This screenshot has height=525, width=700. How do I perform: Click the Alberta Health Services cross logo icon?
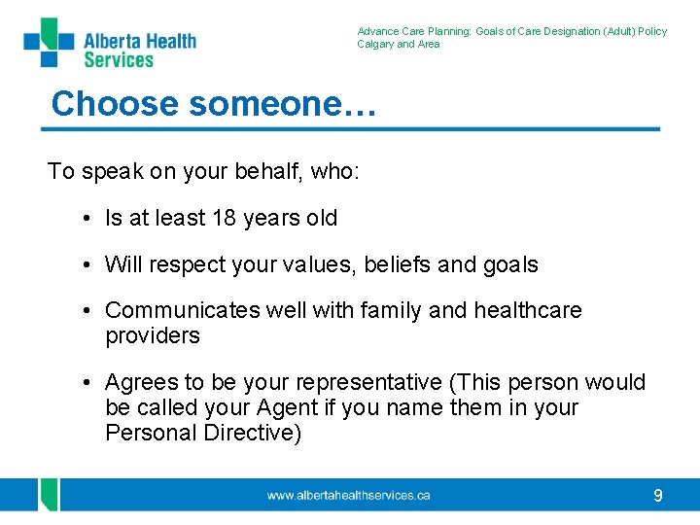tap(49, 43)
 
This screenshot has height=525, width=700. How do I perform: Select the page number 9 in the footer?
tap(658, 496)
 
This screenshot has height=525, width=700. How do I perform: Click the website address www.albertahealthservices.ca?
tap(349, 496)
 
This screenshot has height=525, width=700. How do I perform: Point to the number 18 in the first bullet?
tap(226, 219)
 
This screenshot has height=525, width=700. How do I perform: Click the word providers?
tap(152, 336)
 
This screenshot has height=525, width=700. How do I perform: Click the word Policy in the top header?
tap(652, 31)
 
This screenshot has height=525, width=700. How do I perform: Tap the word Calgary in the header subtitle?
tap(375, 44)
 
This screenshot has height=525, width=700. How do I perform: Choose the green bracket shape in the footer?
tap(47, 495)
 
